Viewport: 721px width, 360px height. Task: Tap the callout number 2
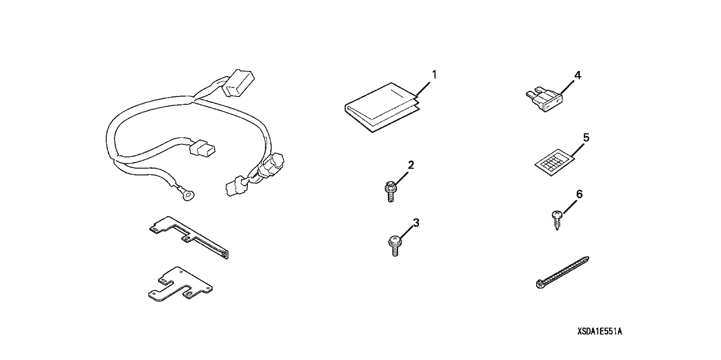(411, 165)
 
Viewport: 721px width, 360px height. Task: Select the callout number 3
(416, 223)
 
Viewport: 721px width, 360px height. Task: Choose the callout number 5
(586, 137)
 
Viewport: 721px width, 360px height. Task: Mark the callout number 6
(579, 195)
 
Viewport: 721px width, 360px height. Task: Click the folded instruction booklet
(381, 107)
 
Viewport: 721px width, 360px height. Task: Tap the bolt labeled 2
(390, 192)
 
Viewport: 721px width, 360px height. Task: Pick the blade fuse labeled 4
(545, 100)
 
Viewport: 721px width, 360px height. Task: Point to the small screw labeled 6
(557, 219)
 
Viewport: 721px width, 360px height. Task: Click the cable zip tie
(562, 273)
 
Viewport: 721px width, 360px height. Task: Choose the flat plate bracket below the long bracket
(180, 287)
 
